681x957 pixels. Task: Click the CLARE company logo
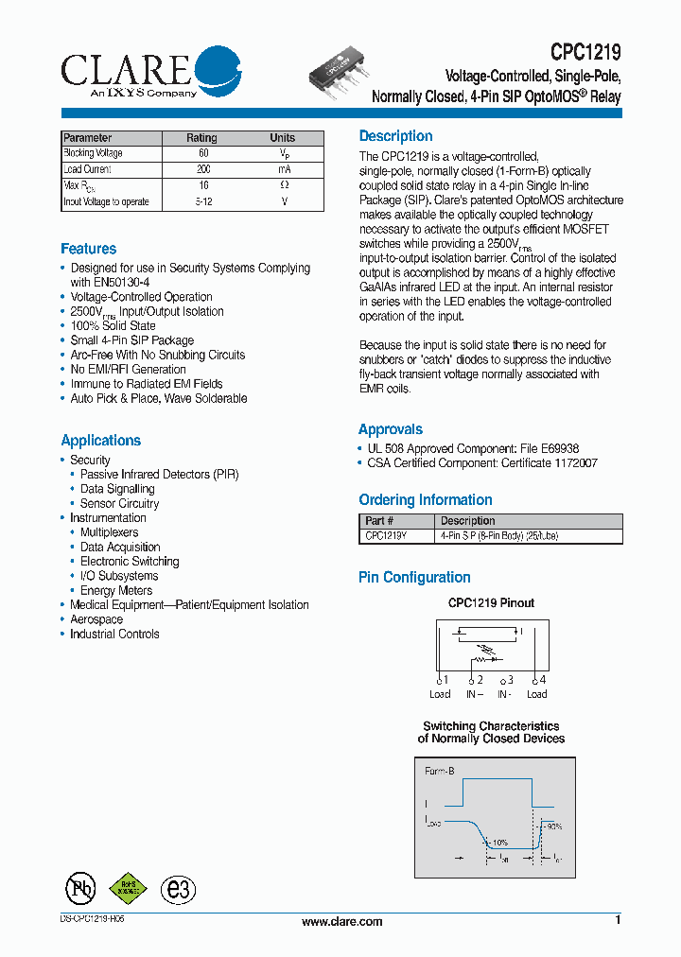click(x=151, y=72)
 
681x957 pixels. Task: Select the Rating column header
click(x=201, y=138)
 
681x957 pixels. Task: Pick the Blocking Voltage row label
click(x=93, y=153)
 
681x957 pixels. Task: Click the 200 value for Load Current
click(x=202, y=169)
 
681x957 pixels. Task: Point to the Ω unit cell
click(x=283, y=185)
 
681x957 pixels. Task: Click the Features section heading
click(x=89, y=249)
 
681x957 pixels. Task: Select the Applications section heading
click(x=100, y=441)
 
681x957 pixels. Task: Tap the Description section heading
click(x=395, y=136)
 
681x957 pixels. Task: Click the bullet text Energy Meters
click(x=116, y=590)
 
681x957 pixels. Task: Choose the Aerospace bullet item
click(x=96, y=619)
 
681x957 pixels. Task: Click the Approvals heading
click(x=391, y=429)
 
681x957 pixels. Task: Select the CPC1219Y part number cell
click(x=386, y=536)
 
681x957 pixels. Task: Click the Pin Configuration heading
click(x=414, y=578)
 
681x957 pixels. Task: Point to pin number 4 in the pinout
click(x=541, y=680)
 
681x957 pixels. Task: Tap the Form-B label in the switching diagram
click(x=440, y=772)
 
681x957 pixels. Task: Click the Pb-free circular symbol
click(x=80, y=888)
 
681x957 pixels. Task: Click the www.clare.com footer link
click(x=341, y=922)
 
